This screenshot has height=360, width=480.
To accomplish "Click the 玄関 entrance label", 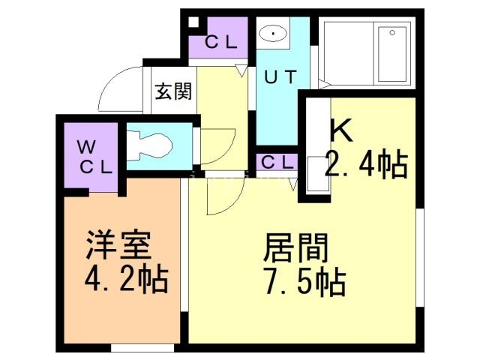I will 173,91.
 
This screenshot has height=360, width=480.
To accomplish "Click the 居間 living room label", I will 295,248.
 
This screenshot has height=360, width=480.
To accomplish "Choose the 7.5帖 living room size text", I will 304,283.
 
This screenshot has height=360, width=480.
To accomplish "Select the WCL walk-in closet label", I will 95,155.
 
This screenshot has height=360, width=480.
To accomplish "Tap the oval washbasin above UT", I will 273,34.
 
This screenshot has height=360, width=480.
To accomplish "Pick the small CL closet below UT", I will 277,161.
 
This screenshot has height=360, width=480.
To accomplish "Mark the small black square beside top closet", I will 194,22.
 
